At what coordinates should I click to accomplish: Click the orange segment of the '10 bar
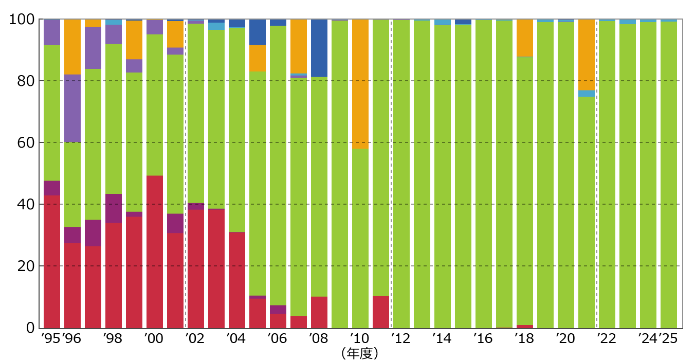pos(360,84)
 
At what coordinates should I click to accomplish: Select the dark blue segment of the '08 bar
pos(319,48)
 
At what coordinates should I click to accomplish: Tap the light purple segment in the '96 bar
pos(72,109)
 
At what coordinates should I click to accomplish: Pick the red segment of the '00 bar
pos(155,251)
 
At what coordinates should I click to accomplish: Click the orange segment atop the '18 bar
pos(525,38)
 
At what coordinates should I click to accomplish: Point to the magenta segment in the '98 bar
pos(114,208)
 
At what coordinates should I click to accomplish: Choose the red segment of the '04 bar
pos(237,280)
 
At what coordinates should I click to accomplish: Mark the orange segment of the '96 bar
pos(72,47)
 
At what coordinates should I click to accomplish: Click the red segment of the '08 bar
pos(319,312)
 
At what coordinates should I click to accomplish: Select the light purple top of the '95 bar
pos(52,32)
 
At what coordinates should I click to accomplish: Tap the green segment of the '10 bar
pos(360,238)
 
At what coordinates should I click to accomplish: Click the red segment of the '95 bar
pos(52,262)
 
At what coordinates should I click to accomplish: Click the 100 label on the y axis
pos(22,20)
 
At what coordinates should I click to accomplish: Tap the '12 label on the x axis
pos(400,338)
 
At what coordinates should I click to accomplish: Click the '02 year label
pos(195,338)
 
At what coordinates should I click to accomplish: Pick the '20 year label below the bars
pos(565,338)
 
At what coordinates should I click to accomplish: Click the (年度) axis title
pos(360,353)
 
